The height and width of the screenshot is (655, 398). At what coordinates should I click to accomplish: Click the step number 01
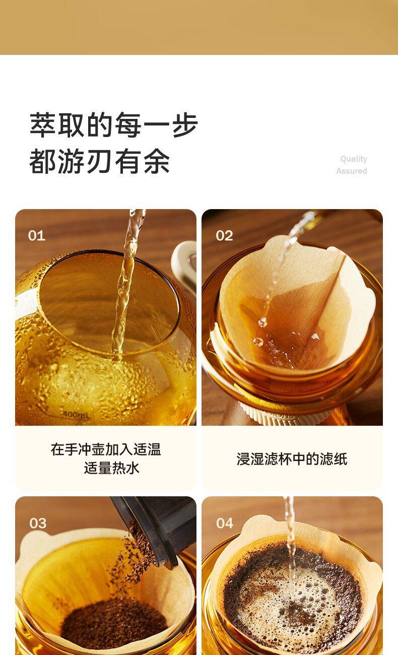[37, 236]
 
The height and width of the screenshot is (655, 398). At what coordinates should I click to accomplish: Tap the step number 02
[224, 236]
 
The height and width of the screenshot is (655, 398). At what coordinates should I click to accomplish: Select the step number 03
[38, 523]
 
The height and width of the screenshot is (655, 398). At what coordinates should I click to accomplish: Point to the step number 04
[225, 523]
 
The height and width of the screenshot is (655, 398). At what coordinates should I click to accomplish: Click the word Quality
[354, 159]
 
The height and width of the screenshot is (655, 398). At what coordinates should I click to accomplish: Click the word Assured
[352, 171]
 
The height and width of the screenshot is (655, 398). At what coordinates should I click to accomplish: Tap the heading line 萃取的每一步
[114, 125]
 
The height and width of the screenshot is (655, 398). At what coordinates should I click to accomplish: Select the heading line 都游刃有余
[100, 161]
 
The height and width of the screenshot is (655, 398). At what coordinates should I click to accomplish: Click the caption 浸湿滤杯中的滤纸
[292, 459]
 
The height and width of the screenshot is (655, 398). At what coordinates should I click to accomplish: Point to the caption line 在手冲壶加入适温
[106, 449]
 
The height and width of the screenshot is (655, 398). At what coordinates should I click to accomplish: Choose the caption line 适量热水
[111, 468]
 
